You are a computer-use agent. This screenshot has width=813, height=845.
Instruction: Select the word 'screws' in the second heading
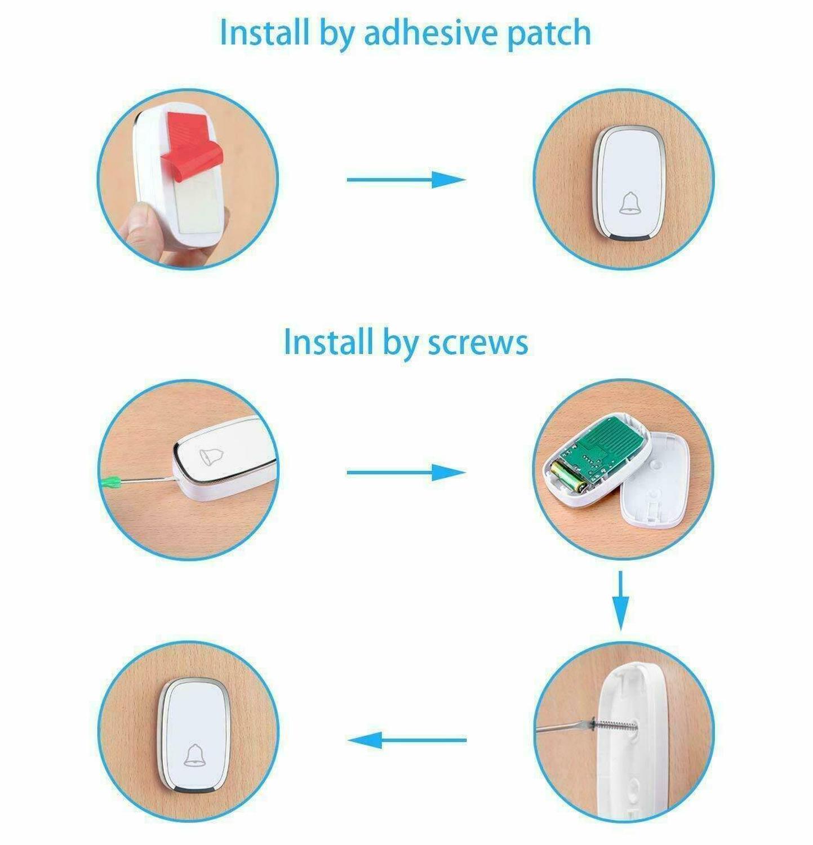[x=478, y=342]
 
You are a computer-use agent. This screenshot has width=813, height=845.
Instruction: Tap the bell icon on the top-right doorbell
[x=630, y=203]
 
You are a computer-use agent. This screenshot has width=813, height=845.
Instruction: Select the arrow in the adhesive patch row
[x=406, y=180]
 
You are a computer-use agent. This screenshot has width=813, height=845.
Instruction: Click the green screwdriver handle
[x=111, y=482]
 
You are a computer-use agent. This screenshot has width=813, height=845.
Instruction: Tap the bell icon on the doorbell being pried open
[x=211, y=457]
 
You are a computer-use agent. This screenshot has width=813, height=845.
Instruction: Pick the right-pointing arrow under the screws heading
[x=406, y=473]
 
